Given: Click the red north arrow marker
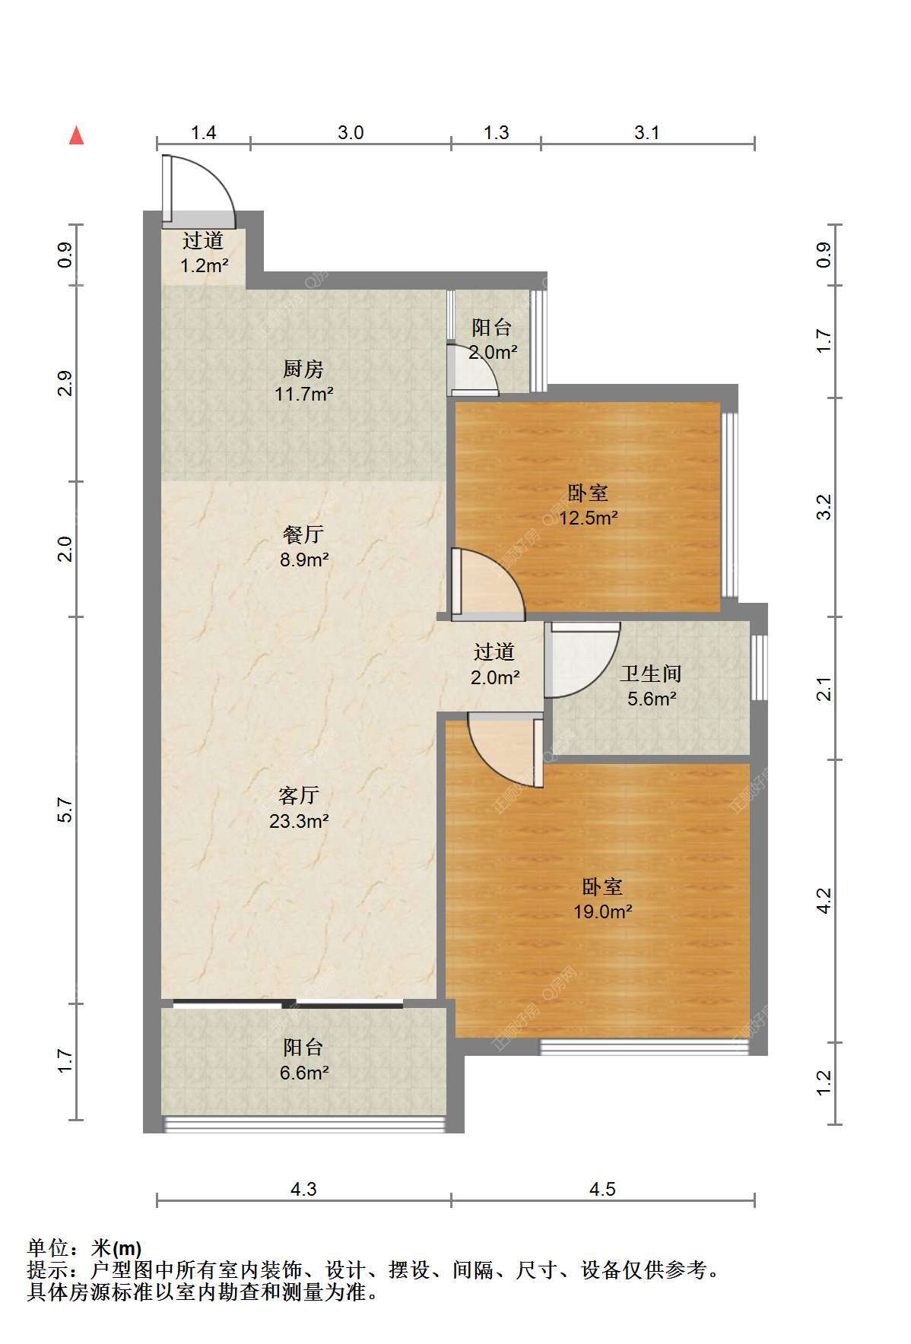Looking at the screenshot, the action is pos(76,135).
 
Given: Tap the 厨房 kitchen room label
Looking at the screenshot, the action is pos(303,369).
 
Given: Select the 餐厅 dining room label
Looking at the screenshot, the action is pos(303,534).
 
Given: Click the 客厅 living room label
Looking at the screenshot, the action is pos(298,796).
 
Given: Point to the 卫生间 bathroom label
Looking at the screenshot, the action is pos(650,674).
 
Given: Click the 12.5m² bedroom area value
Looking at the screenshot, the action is pos(589,518).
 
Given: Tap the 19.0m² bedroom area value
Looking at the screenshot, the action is pos(603,911).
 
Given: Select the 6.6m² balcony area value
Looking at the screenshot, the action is pos(303,1073).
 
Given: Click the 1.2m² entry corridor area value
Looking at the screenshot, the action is pos(204,266).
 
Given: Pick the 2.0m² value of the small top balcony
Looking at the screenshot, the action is pos(493,353).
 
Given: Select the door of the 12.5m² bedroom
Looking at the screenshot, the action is pos(488,582).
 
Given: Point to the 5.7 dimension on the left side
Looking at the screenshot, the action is pos(65,810).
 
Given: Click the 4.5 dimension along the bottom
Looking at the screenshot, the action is pos(602,1189).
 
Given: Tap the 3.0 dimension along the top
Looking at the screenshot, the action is pos(350,132).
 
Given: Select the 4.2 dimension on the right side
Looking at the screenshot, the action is pos(824,901).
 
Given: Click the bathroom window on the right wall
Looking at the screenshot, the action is pos(759,667).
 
